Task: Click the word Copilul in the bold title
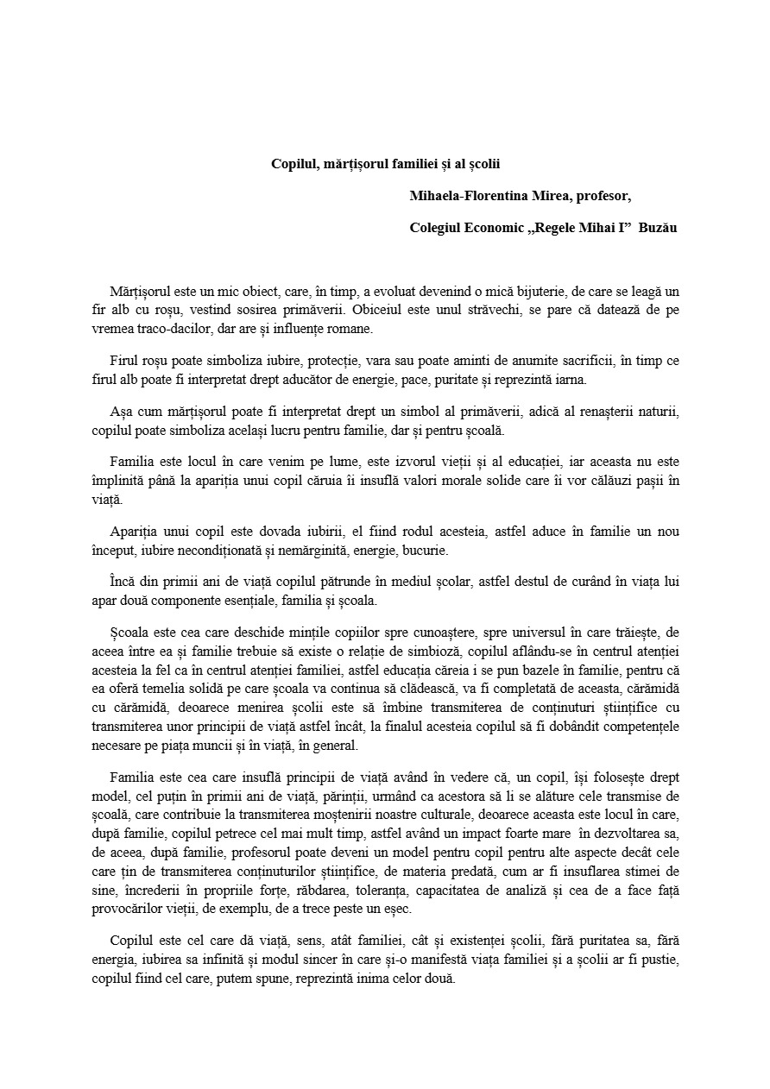click(293, 163)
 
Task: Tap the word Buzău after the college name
click(658, 228)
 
